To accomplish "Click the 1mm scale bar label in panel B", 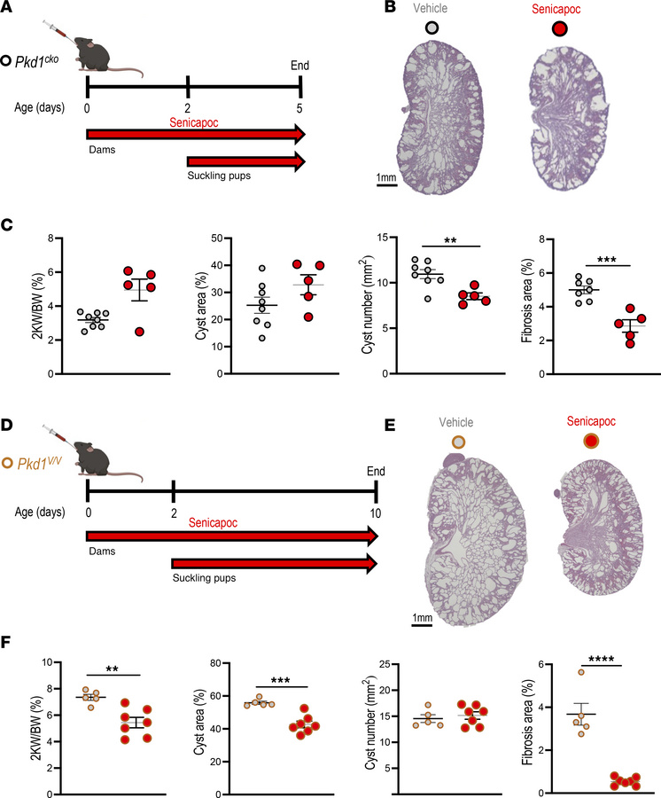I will (x=387, y=177).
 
